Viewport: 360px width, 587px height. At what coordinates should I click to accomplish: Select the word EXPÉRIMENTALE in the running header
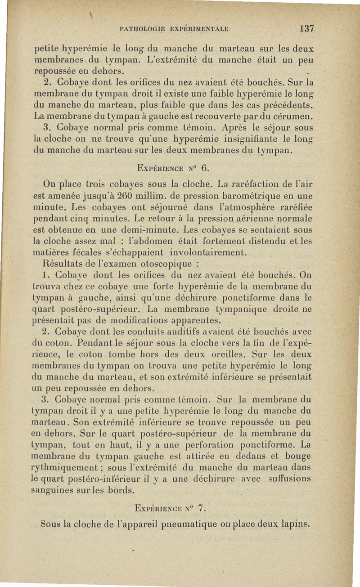199,29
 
